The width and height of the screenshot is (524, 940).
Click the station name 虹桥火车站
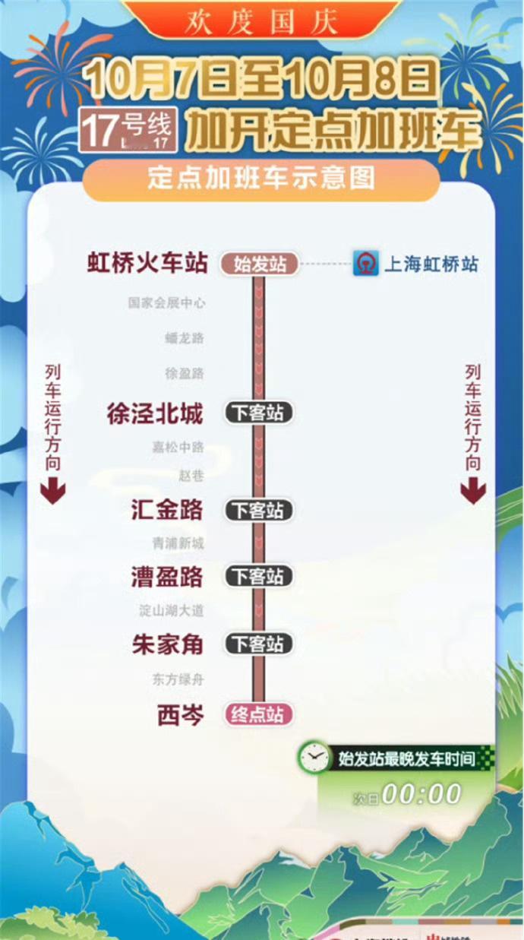pyautogui.click(x=147, y=264)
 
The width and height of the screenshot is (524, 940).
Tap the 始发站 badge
pyautogui.click(x=260, y=264)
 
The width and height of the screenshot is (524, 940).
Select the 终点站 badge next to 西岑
pyautogui.click(x=258, y=715)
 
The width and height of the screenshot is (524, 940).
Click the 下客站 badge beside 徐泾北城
pyautogui.click(x=258, y=413)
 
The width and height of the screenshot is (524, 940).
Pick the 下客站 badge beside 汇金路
pyautogui.click(x=258, y=511)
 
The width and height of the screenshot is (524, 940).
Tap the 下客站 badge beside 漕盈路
pyautogui.click(x=258, y=577)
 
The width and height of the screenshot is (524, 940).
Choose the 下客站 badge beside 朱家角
pyautogui.click(x=258, y=644)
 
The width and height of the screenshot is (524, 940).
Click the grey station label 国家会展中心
pyautogui.click(x=166, y=302)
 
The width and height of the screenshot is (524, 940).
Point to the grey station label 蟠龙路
pyautogui.click(x=184, y=338)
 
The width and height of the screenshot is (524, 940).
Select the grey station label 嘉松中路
pyautogui.click(x=178, y=448)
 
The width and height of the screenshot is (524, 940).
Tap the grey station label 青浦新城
pyautogui.click(x=178, y=543)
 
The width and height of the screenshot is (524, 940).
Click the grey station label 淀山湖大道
pyautogui.click(x=172, y=610)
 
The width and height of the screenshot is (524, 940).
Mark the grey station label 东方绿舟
pyautogui.click(x=178, y=679)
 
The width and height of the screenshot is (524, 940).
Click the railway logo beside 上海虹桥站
pyautogui.click(x=366, y=264)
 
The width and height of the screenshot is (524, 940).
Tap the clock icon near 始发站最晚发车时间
pyautogui.click(x=314, y=758)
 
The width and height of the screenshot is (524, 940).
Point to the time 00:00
pyautogui.click(x=422, y=795)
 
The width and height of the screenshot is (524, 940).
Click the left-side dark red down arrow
pyautogui.click(x=53, y=492)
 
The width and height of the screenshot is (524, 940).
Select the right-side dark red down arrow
pyautogui.click(x=472, y=492)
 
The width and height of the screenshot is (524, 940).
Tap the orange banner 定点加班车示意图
pyautogui.click(x=261, y=179)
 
